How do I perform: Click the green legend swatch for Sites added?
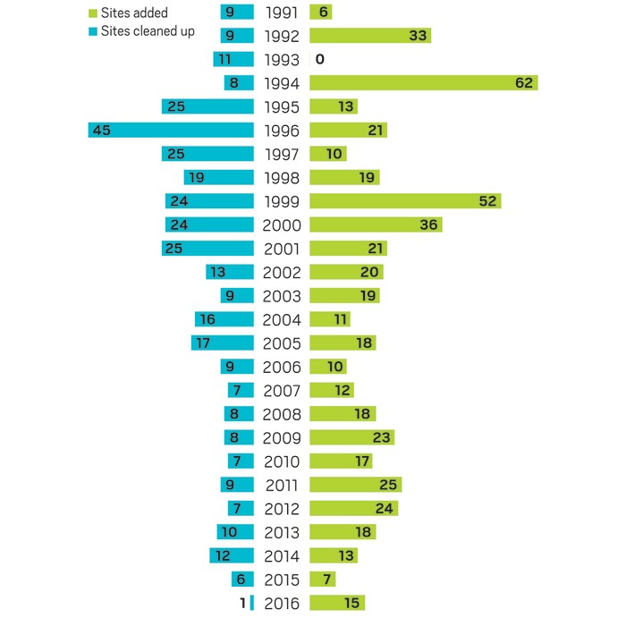coord(92,13)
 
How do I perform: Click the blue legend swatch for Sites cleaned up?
coord(92,32)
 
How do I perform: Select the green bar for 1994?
coord(423,83)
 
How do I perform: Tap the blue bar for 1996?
coord(171,131)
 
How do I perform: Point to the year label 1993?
coord(283,60)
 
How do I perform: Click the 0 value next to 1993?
coord(318,60)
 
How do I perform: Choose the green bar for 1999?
coord(404,201)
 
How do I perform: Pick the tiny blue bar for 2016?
coord(253,604)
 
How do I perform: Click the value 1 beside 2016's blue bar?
coord(242,604)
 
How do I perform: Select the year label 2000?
coord(283,225)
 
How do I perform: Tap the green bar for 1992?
coord(370,36)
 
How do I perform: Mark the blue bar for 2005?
coord(223,343)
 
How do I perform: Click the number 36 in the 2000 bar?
coord(428,225)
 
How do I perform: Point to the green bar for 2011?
coord(355,486)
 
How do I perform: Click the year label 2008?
coord(283,414)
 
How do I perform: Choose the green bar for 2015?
coord(324,579)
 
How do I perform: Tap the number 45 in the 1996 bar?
coord(101,131)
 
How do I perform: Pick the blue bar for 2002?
coord(230,273)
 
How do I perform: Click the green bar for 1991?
coord(321,13)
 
